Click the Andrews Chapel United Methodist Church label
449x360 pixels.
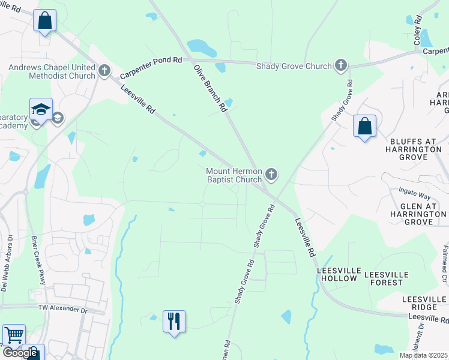pyautogui.click(x=52, y=71)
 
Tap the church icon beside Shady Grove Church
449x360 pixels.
pyautogui.click(x=342, y=65)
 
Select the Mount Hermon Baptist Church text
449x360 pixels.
pyautogui.click(x=234, y=175)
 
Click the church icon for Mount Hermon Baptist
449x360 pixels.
pyautogui.click(x=271, y=175)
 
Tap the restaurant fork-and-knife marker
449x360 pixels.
pyautogui.click(x=174, y=321)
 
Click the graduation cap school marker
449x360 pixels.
pyautogui.click(x=41, y=109)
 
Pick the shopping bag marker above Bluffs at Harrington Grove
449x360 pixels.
pyautogui.click(x=364, y=127)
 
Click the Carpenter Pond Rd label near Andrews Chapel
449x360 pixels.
pyautogui.click(x=151, y=68)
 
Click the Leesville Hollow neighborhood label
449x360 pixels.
pyautogui.click(x=337, y=275)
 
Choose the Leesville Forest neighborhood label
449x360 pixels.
pyautogui.click(x=387, y=275)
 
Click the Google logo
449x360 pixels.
pyautogui.click(x=20, y=353)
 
